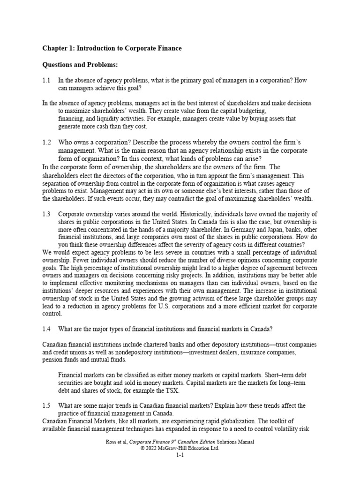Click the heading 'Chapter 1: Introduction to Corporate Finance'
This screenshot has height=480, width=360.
(x=112, y=48)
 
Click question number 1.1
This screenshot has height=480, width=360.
(x=46, y=80)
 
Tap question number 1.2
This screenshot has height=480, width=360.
(x=46, y=142)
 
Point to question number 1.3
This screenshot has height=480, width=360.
(x=46, y=214)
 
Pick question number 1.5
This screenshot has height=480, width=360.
(x=46, y=405)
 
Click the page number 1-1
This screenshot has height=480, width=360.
(x=180, y=455)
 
